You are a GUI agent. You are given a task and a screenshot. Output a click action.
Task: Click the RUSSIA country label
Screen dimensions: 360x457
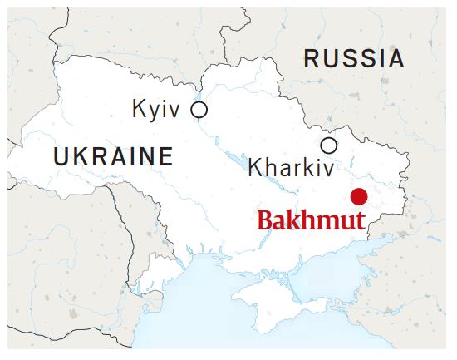354,59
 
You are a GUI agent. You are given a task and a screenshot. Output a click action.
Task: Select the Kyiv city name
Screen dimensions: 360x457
156,110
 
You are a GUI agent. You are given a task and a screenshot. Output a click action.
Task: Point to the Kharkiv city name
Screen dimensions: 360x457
291,168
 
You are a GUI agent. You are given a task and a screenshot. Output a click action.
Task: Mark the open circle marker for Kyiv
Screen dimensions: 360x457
199,109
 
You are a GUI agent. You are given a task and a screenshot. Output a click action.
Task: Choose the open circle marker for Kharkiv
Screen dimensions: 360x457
329,145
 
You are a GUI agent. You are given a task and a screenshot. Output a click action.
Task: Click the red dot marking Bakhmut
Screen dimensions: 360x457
359,197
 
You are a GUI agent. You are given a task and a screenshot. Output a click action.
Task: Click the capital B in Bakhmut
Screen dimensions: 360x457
265,222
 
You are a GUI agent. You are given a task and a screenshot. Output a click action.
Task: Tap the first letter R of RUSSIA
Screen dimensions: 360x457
312,59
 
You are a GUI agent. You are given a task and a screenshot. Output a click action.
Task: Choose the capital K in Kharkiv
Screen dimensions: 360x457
256,168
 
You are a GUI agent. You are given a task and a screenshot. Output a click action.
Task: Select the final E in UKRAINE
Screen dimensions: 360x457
166,156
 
